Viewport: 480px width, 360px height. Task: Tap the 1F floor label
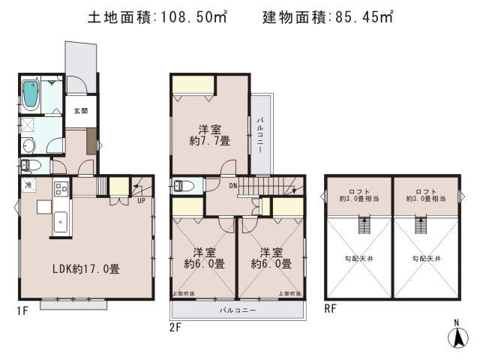coord(23,309)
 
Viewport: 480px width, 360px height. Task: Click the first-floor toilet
coord(31,165)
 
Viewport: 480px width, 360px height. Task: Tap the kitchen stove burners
coord(60,187)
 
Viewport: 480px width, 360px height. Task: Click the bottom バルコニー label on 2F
coord(238,309)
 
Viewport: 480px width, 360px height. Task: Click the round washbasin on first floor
coord(28,145)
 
